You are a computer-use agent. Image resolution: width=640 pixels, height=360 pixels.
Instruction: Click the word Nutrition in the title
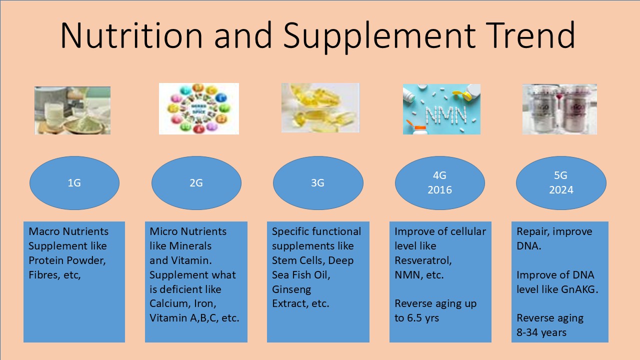point(131,35)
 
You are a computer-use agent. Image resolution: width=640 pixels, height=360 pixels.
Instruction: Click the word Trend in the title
point(530,35)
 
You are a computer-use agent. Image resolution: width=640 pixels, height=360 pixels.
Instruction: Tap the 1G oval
point(74,183)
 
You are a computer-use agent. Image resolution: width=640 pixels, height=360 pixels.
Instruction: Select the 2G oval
point(196,183)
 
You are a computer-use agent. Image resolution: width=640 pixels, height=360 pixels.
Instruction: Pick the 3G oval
point(318,183)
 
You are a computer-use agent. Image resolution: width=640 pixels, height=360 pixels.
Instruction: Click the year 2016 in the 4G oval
point(439,190)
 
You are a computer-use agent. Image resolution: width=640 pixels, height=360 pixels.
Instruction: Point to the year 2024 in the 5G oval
point(561,190)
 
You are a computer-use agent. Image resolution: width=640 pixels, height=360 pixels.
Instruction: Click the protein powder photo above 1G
point(72,110)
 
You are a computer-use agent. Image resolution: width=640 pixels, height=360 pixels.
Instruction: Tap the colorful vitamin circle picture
point(199,108)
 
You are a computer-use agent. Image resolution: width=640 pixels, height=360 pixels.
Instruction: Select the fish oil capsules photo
point(320,107)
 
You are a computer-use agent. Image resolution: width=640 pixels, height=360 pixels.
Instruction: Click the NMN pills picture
point(441,109)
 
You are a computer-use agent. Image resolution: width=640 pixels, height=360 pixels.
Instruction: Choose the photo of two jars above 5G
point(559,109)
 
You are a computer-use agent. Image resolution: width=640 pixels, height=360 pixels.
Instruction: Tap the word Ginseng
point(291,289)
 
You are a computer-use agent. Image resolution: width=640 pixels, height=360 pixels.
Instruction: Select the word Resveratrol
point(423,260)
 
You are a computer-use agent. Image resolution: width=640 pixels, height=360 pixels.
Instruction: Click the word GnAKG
point(579,289)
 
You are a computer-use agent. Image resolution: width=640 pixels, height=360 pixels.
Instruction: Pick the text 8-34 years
point(541,333)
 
